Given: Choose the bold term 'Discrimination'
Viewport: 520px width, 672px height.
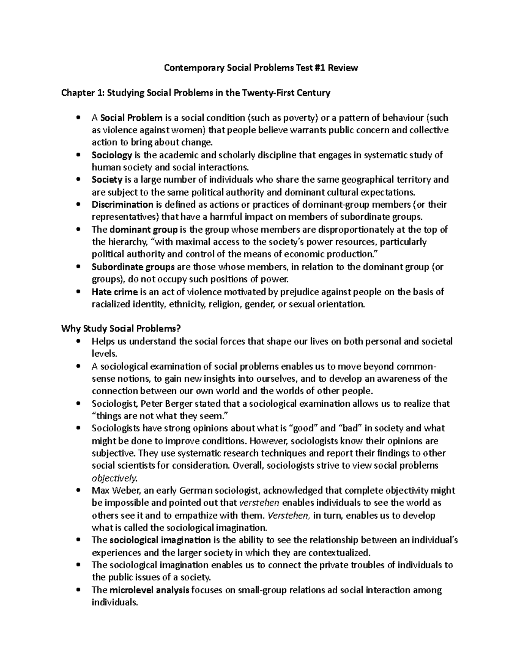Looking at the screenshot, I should point(122,204).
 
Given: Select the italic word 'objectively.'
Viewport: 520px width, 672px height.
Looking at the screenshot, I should point(114,478).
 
